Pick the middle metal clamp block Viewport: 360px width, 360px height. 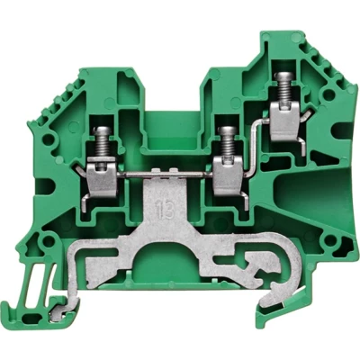tap(228, 177)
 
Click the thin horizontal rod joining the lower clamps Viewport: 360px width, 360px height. tap(164, 175)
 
